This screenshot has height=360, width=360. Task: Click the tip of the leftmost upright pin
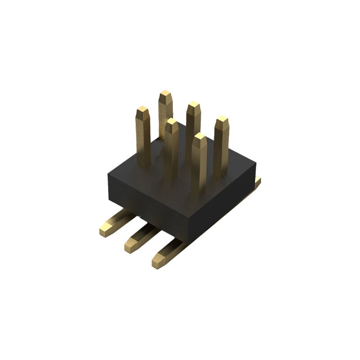tap(143, 110)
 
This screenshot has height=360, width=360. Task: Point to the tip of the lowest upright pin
tap(199, 137)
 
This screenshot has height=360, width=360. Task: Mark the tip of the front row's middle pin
tap(171, 122)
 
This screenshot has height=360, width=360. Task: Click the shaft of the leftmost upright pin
tap(144, 139)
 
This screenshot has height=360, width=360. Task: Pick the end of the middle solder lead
tap(131, 247)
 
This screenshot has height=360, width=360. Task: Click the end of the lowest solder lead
tap(158, 262)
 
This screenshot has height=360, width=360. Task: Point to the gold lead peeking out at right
tap(258, 181)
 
